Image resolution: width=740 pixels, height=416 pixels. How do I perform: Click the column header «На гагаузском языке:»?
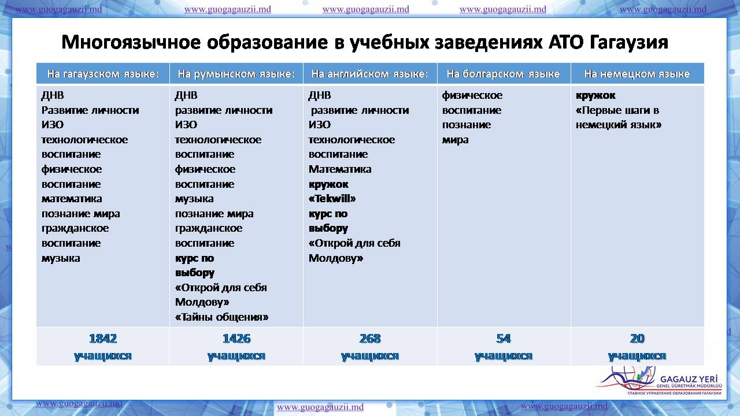click(x=103, y=73)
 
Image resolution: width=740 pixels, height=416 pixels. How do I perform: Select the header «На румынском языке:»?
click(x=236, y=73)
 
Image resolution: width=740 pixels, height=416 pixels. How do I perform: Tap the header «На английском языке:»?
click(x=370, y=73)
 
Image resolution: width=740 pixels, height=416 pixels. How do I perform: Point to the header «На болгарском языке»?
click(x=503, y=73)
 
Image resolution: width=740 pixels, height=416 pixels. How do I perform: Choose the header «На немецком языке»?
click(x=637, y=73)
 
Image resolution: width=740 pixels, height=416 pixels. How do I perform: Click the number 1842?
click(x=103, y=339)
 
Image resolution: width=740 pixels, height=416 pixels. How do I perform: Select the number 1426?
click(x=236, y=339)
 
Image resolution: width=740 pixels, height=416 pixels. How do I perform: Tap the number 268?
click(x=370, y=339)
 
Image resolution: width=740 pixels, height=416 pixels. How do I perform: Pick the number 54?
click(x=503, y=339)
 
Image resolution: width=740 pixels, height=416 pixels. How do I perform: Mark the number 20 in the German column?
click(x=637, y=339)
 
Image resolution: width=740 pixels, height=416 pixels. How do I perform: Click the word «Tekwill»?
click(x=332, y=199)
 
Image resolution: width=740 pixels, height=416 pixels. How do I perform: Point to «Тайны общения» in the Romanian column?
click(x=221, y=317)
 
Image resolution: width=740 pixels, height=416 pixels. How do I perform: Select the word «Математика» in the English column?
click(x=340, y=169)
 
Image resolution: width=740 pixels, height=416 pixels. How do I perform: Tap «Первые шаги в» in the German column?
click(x=617, y=110)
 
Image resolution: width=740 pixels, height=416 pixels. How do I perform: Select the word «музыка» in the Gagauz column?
click(x=61, y=258)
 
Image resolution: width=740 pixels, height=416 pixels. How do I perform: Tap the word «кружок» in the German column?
click(x=595, y=95)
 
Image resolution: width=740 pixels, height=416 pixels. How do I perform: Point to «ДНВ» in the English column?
click(x=320, y=95)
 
